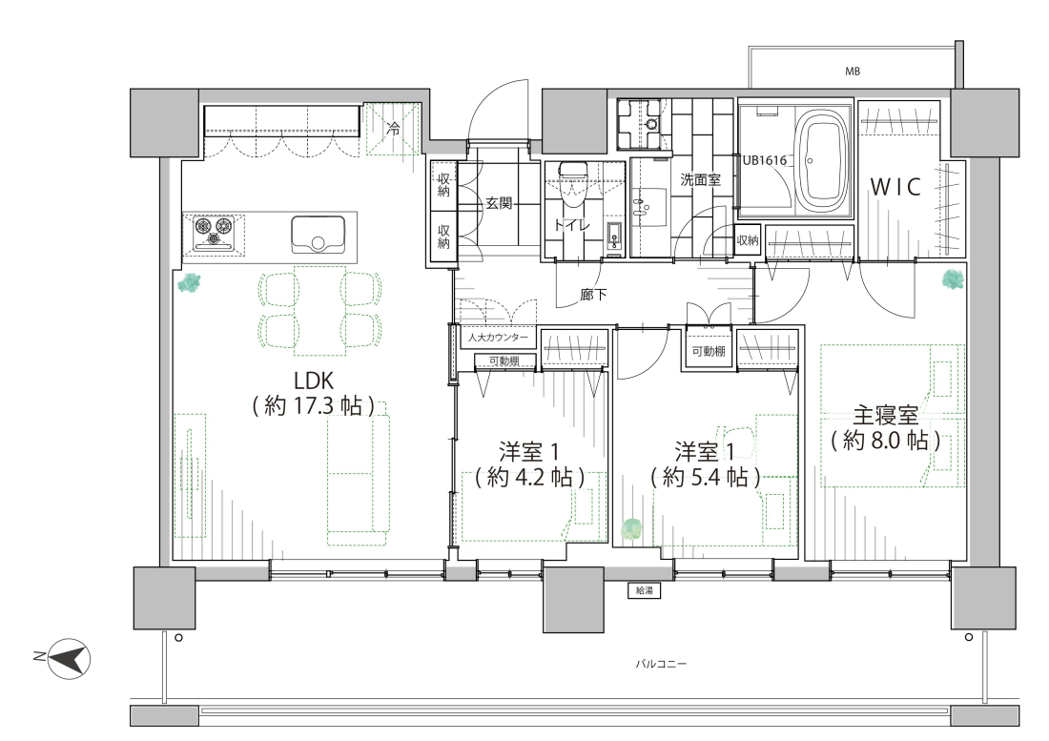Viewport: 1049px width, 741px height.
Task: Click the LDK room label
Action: click(315, 381)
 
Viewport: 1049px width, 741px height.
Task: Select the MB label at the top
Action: click(852, 72)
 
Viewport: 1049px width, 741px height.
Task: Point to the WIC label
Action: click(895, 187)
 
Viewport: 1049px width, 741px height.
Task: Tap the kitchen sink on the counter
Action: click(318, 235)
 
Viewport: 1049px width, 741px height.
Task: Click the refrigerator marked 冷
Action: click(393, 129)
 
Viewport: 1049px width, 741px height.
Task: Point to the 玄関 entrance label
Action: click(499, 202)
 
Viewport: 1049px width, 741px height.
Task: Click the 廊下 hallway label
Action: click(593, 295)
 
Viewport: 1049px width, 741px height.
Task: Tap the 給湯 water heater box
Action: click(645, 590)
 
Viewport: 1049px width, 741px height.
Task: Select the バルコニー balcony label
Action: click(661, 664)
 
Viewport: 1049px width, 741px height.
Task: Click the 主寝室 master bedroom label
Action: click(886, 416)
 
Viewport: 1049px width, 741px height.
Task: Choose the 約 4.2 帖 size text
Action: click(530, 478)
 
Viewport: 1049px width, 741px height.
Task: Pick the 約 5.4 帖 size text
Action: click(705, 478)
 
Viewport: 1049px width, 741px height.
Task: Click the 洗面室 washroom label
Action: click(701, 180)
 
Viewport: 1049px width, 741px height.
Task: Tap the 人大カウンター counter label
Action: click(498, 337)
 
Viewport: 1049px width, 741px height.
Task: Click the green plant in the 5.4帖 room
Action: click(630, 530)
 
